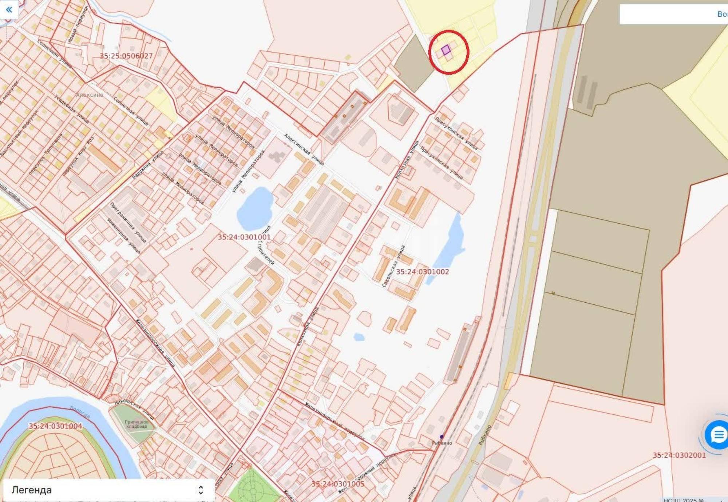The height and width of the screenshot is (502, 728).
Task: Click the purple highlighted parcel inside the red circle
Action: (446, 50)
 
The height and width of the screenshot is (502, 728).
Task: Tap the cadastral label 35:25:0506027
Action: (126, 56)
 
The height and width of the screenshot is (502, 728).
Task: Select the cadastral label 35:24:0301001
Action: (244, 237)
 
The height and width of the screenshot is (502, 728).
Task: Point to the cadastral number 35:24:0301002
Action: (423, 272)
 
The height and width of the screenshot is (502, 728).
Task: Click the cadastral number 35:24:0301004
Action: (55, 426)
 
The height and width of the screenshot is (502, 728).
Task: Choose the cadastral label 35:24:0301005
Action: (338, 484)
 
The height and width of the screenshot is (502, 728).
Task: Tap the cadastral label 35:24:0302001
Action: (679, 455)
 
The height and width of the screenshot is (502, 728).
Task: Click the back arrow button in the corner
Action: (9, 9)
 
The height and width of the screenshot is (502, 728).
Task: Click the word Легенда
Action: (32, 490)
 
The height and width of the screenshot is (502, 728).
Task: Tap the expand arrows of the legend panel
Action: (201, 490)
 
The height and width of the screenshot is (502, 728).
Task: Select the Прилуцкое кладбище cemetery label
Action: (136, 424)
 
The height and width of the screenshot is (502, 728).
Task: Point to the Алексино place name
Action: (90, 95)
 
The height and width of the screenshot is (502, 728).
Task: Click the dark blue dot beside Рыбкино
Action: (442, 437)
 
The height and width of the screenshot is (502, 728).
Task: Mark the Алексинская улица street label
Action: (304, 149)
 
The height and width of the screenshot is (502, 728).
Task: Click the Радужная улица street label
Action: (147, 165)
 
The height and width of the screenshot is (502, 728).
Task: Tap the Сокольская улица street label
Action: (393, 266)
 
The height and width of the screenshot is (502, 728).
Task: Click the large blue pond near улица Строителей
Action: (255, 208)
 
